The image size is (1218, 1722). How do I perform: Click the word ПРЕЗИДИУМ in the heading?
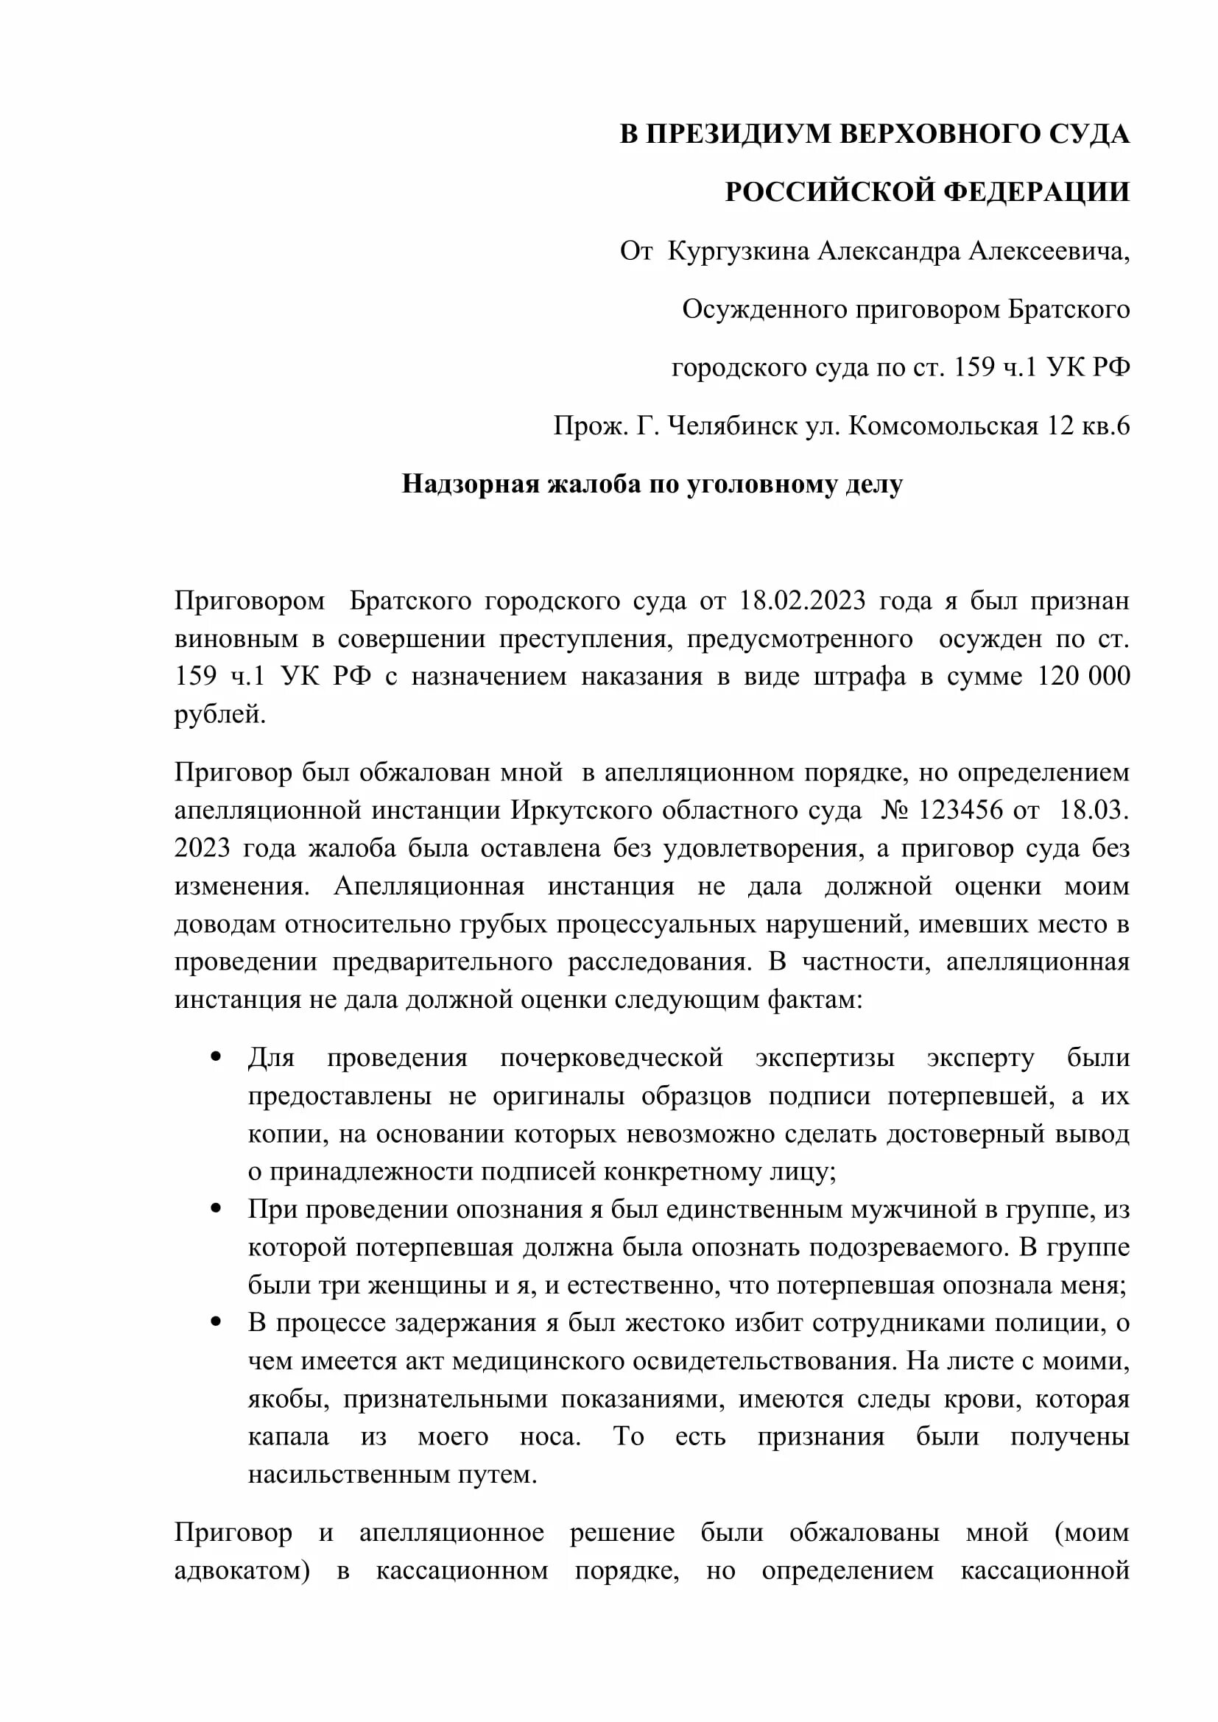[738, 134]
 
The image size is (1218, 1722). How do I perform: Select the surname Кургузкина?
[738, 251]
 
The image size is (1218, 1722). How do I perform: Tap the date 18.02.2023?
[803, 601]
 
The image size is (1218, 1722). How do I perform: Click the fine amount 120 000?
[1083, 676]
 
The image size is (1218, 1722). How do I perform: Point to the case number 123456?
[961, 810]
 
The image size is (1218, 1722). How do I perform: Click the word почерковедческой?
[611, 1058]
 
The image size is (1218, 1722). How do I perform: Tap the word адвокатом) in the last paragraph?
[242, 1570]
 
